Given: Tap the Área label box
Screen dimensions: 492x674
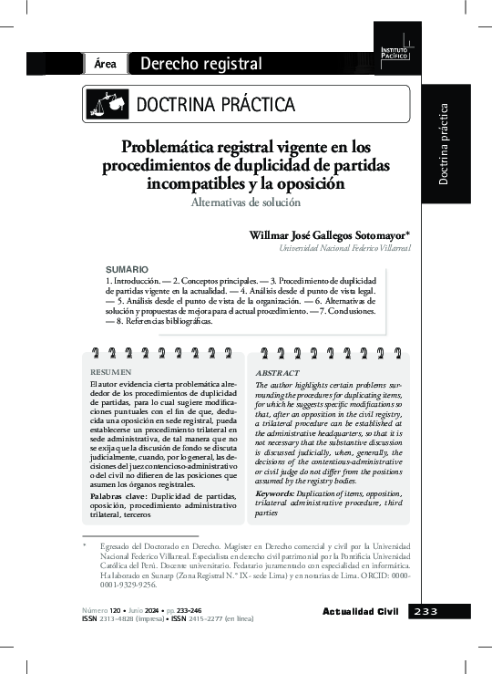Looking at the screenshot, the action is (104, 64).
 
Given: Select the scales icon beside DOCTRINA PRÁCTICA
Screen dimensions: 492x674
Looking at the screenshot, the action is (107, 104).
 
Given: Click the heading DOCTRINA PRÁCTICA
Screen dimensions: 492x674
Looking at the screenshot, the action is (216, 104).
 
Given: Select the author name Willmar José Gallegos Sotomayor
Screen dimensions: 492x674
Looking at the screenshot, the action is (328, 235).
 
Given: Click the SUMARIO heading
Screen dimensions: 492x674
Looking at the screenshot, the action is (127, 270).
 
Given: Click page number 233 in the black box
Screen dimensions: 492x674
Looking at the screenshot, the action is (425, 610).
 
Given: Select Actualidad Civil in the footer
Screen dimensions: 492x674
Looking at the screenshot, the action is (362, 610).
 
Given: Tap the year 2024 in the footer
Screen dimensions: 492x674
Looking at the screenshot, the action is (152, 607).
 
